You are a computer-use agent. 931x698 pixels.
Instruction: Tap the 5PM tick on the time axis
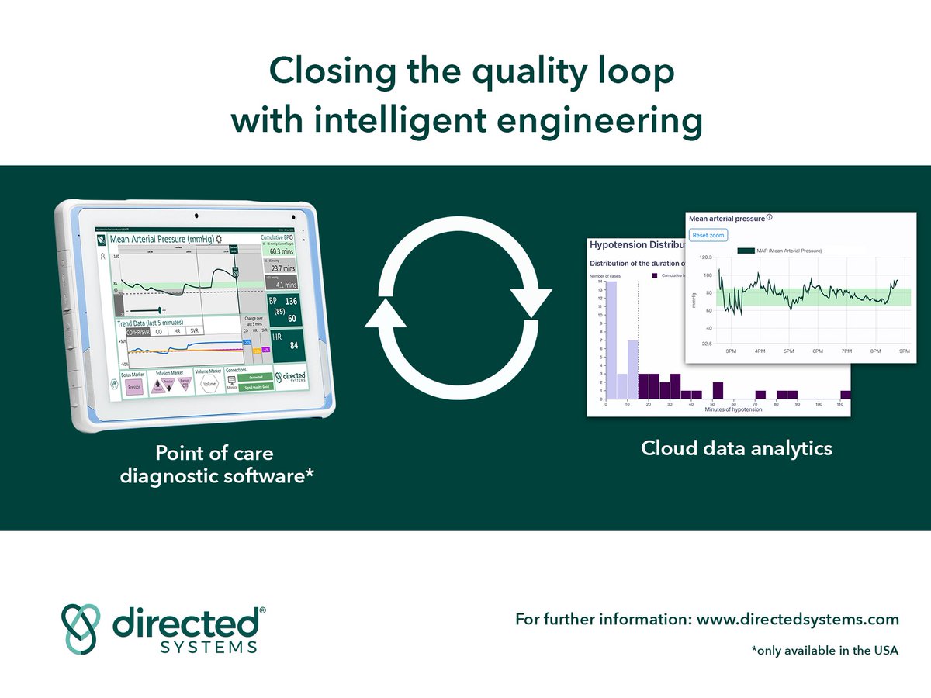pyautogui.click(x=788, y=352)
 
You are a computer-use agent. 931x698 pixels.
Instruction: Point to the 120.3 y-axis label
pyautogui.click(x=701, y=258)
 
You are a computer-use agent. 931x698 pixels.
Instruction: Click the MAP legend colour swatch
pyautogui.click(x=746, y=251)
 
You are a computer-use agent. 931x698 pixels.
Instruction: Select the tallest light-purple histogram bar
pyautogui.click(x=611, y=340)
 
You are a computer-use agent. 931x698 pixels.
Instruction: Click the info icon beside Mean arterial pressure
pyautogui.click(x=769, y=218)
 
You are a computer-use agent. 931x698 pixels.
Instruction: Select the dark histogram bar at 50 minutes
pyautogui.click(x=718, y=390)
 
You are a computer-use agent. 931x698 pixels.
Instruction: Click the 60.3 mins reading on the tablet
pyautogui.click(x=282, y=251)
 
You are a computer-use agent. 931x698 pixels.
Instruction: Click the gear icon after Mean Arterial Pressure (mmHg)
pyautogui.click(x=219, y=240)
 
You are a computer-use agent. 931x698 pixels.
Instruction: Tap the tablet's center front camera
pyautogui.click(x=196, y=214)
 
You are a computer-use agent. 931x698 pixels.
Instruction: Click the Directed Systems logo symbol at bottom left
pyautogui.click(x=81, y=627)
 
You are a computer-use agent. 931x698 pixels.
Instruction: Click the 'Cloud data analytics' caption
pyautogui.click(x=736, y=448)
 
